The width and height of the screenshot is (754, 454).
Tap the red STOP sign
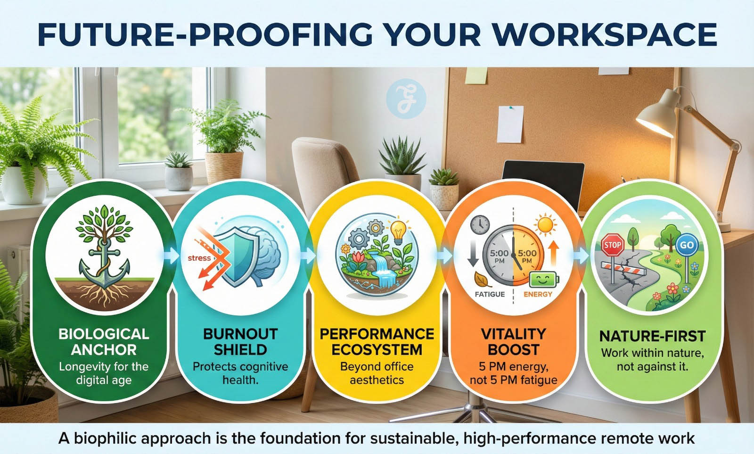coord(612,245)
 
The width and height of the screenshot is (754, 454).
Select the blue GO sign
coord(687,245)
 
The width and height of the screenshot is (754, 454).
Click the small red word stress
coord(199,258)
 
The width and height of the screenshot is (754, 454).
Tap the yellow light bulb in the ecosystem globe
coord(398,232)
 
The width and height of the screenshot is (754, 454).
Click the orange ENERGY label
coord(538,294)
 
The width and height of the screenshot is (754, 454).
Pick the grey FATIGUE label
coord(490,294)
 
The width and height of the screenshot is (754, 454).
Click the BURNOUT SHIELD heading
coord(240,342)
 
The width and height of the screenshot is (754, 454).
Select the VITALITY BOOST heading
coord(514,342)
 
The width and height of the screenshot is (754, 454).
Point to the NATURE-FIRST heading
coord(652,336)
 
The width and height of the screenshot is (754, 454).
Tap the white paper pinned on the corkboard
coord(510,124)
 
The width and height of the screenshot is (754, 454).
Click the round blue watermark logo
coord(406,99)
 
